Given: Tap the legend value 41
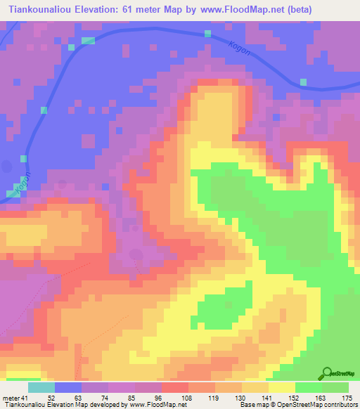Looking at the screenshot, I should [x=25, y=398].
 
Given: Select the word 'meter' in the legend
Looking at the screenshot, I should [x=10, y=398].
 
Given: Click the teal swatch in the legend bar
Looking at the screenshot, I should [x=41, y=387].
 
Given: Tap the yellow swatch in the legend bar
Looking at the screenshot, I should [x=282, y=387].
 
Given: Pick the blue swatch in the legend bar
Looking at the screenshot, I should [x=68, y=387].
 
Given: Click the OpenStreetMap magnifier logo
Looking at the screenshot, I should [x=328, y=373].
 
